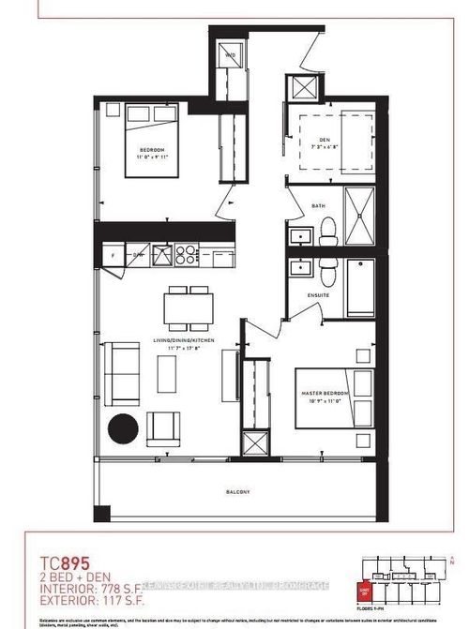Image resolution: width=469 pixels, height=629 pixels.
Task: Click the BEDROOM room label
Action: pyautogui.click(x=153, y=150)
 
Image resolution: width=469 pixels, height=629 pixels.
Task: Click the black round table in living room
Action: pyautogui.click(x=123, y=429)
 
